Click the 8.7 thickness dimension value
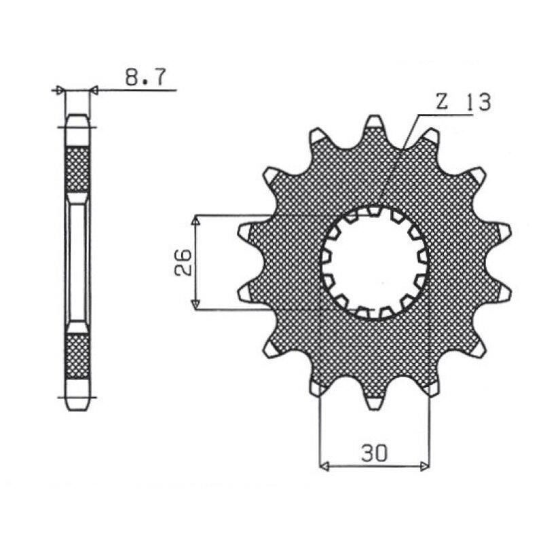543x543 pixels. [145, 77]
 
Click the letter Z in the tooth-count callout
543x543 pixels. [441, 102]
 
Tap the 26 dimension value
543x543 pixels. [183, 262]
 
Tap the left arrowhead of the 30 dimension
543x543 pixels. [324, 466]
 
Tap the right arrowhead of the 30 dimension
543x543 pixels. [425, 466]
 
